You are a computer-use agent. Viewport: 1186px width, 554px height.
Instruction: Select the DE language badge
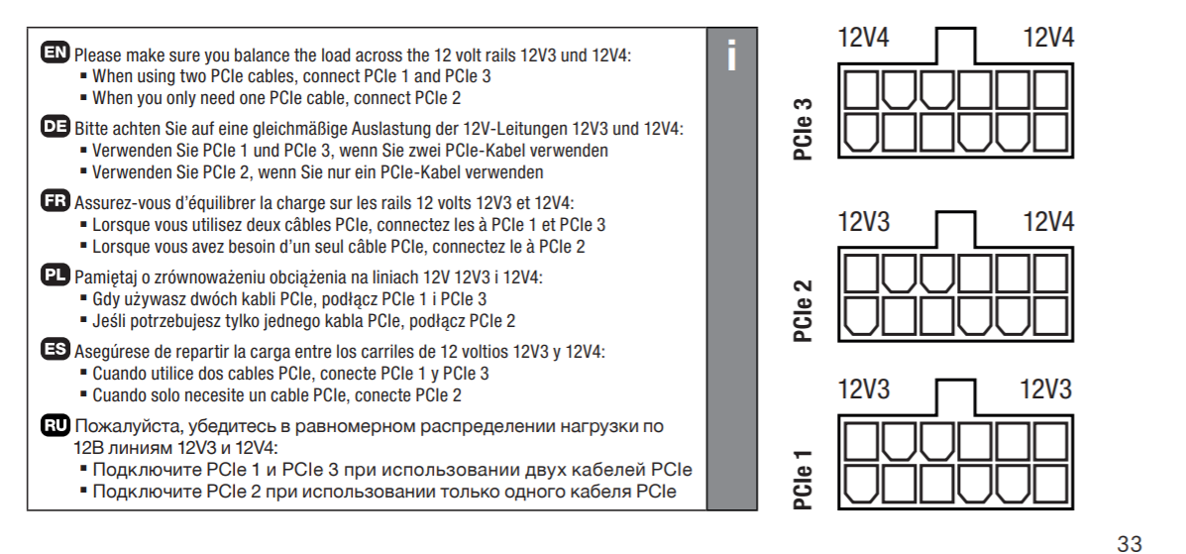click(56, 127)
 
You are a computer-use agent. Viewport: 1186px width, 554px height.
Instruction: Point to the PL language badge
click(56, 275)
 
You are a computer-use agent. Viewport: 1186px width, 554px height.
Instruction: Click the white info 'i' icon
click(731, 57)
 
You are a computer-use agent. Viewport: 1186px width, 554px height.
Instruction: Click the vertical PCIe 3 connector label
click(805, 129)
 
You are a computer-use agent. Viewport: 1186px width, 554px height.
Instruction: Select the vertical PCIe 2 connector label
click(805, 309)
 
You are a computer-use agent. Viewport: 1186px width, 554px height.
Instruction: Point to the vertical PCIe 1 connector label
click(805, 480)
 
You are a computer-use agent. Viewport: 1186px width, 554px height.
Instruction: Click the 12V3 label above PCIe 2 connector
click(864, 222)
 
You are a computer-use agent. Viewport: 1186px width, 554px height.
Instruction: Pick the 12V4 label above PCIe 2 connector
click(1048, 222)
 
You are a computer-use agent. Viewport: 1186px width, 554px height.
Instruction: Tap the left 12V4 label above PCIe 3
click(864, 39)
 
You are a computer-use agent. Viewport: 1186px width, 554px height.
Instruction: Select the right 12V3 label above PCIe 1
click(1046, 389)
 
